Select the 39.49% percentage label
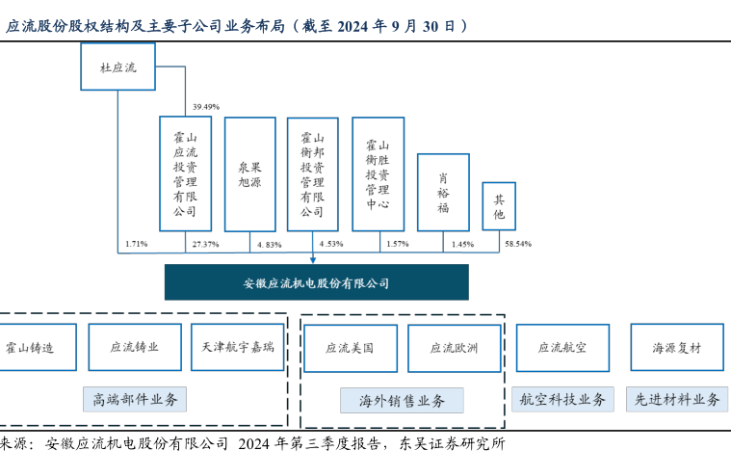[x=205, y=107]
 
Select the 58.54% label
[x=518, y=244]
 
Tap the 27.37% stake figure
[x=205, y=244]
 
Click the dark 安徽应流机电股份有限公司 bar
[x=317, y=282]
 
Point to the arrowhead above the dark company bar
[x=313, y=260]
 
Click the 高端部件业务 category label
[x=135, y=399]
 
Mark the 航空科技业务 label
[x=562, y=399]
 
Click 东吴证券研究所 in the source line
[x=452, y=443]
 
